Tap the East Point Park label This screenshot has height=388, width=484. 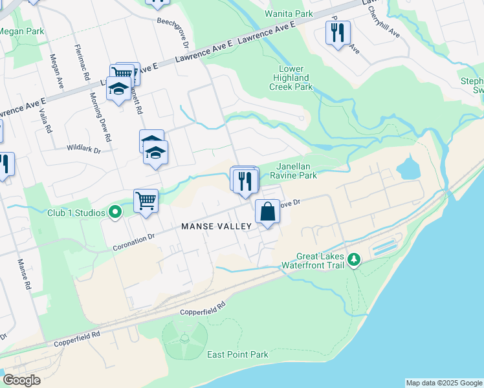click(237, 354)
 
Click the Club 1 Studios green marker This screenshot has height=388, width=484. click(116, 212)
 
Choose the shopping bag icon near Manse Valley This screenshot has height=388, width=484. click(267, 211)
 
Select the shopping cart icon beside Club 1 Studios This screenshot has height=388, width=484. click(146, 200)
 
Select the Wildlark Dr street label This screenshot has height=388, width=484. click(84, 149)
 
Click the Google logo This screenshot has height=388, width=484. click(22, 380)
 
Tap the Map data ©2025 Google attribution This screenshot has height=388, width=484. click(444, 383)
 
